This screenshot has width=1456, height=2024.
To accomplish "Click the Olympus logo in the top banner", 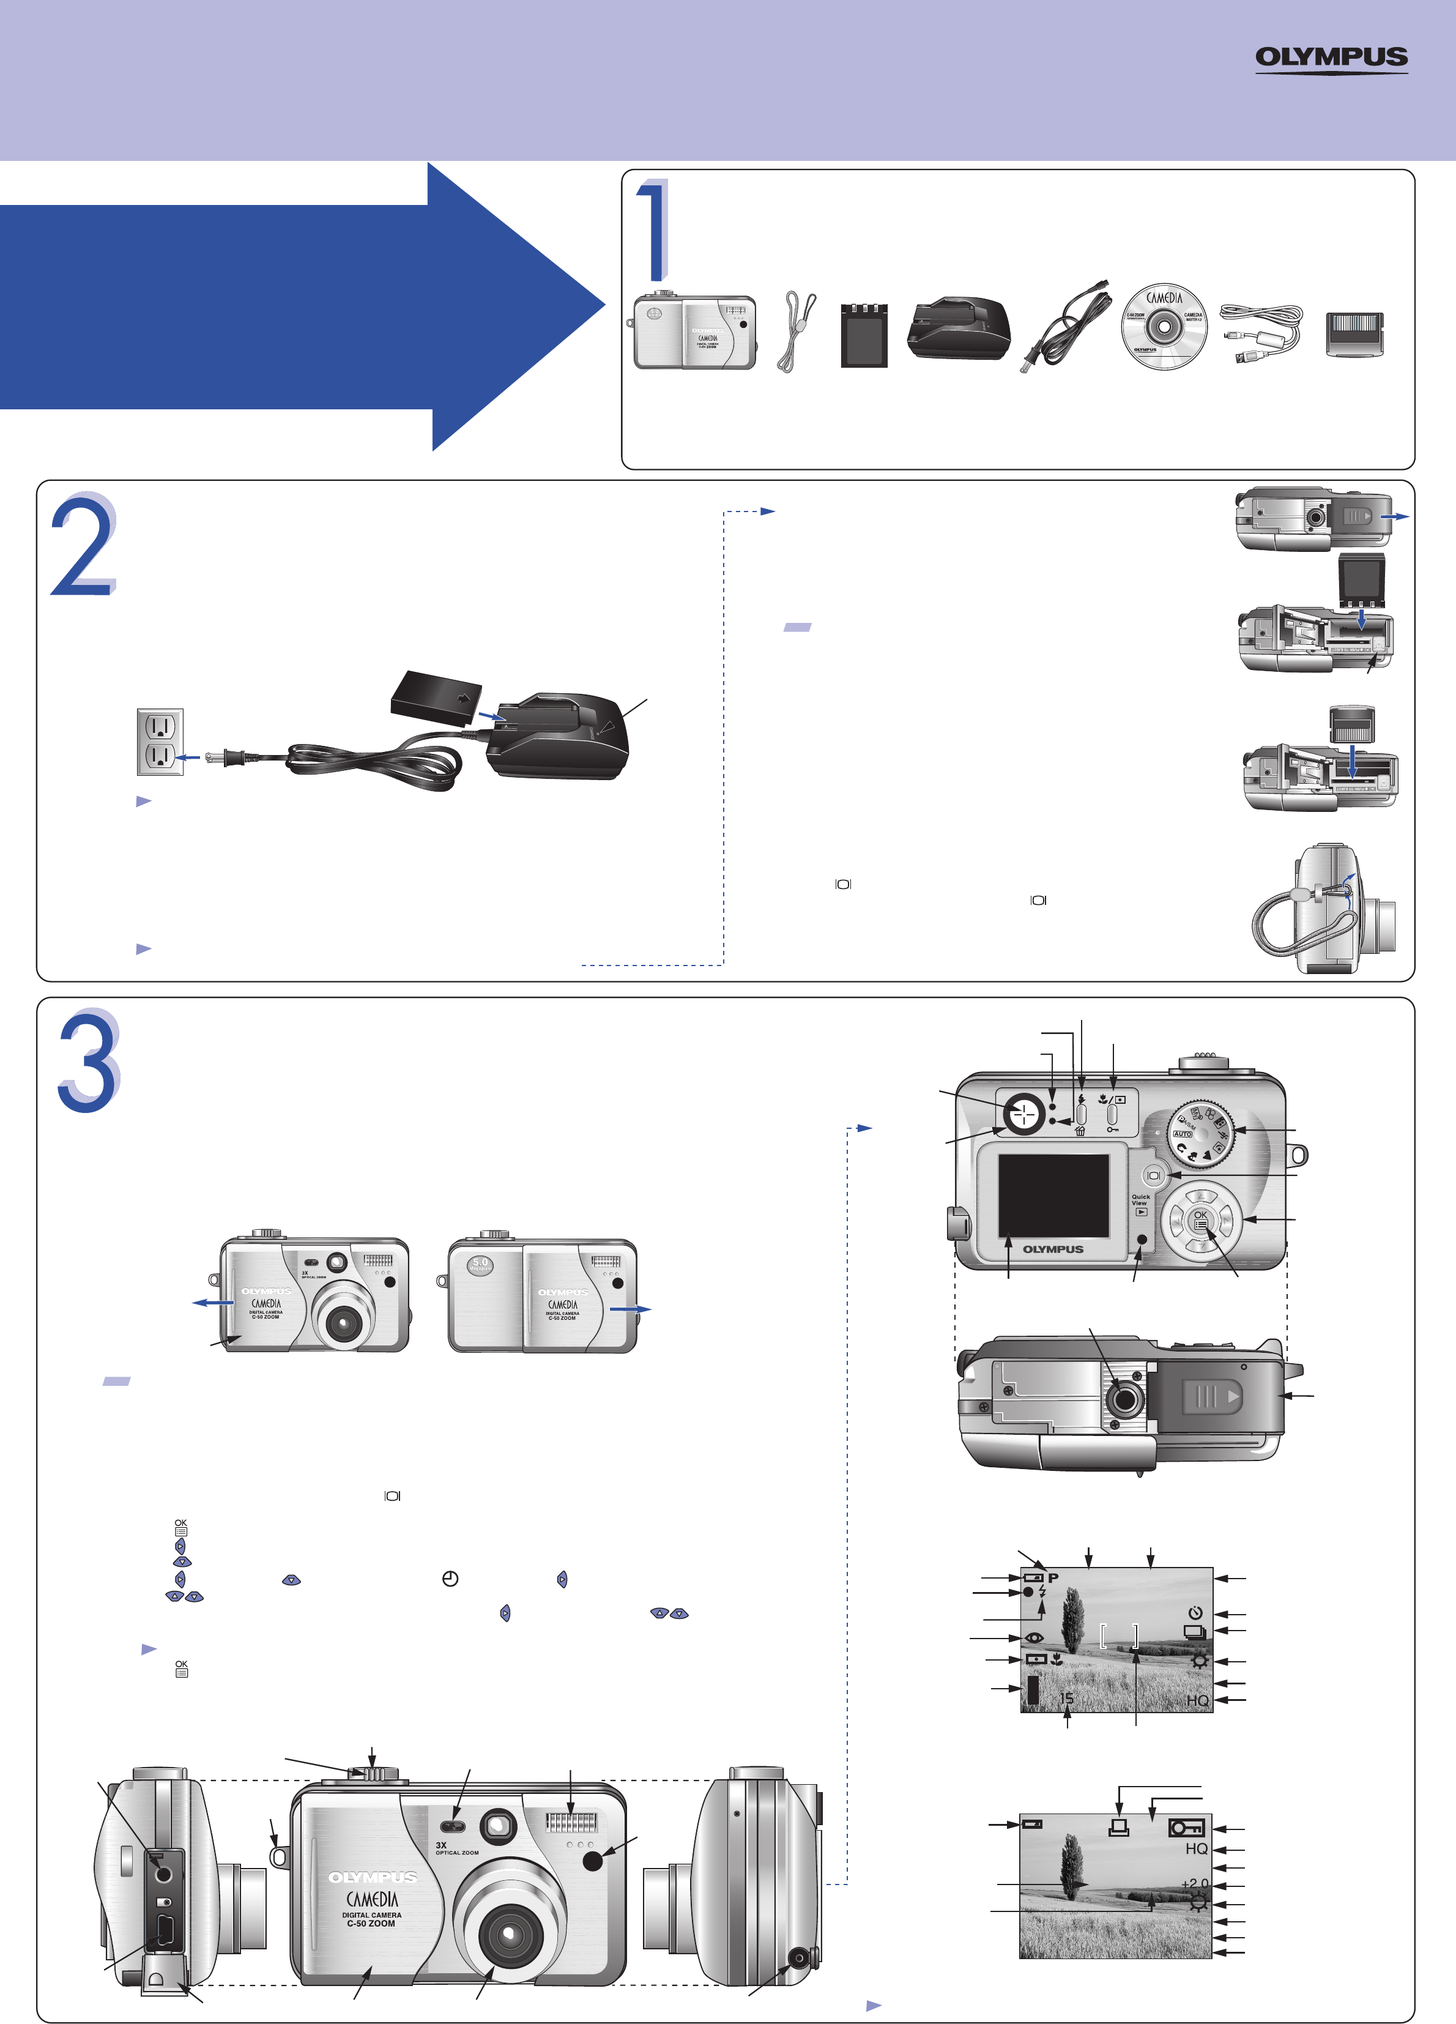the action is tap(1331, 58).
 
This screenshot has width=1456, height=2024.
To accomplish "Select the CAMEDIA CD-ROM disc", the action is tap(1164, 327).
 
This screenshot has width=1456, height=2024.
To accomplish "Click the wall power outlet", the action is tap(160, 742).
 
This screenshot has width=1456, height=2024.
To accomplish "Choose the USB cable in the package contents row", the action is tap(1260, 332).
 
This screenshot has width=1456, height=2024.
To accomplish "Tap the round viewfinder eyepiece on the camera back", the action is tap(1025, 1113).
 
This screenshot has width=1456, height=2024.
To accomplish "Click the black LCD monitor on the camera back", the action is tap(1053, 1195).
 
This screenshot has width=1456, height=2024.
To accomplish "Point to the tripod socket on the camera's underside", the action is tap(1124, 1399).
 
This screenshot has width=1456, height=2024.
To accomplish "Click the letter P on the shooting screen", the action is tap(1053, 1578).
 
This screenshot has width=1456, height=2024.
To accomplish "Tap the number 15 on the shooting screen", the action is tap(1067, 1698).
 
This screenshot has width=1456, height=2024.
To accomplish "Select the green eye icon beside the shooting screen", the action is tap(1034, 1637).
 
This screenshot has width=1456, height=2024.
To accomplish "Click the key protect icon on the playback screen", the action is tap(1187, 1828).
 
